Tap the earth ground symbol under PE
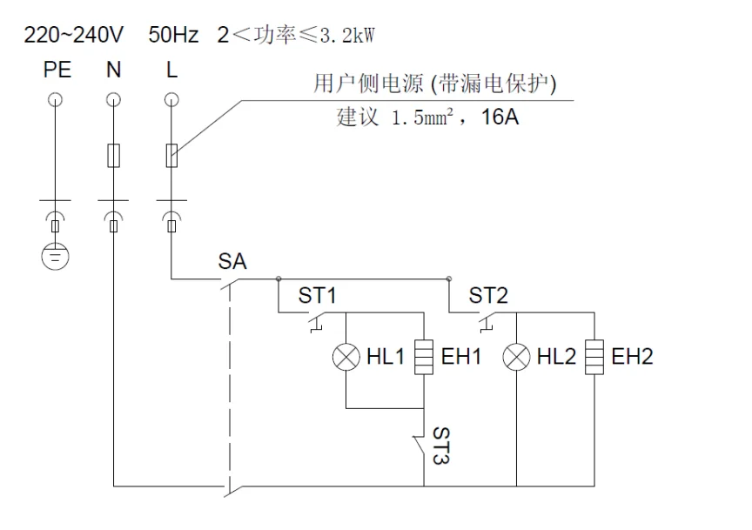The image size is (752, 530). [x=56, y=257]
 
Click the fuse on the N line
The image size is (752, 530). [x=113, y=156]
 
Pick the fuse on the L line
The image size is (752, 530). [x=171, y=156]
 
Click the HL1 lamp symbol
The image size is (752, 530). [x=346, y=357]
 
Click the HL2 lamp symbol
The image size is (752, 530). [x=517, y=357]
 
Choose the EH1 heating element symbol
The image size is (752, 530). [x=423, y=357]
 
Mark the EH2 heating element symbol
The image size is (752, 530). [x=594, y=357]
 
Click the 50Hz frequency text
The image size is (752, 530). [x=173, y=37]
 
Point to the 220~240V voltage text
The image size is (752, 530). [x=74, y=37]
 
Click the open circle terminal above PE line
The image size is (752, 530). [x=56, y=97]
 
